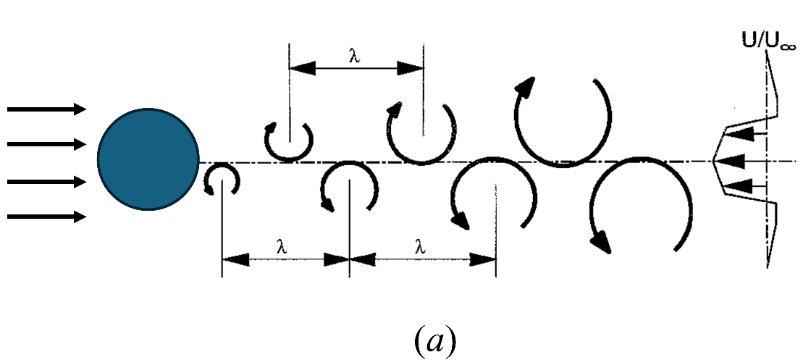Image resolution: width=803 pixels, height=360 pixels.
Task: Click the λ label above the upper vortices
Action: point(354,56)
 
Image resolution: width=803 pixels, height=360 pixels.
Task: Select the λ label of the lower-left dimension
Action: point(282,246)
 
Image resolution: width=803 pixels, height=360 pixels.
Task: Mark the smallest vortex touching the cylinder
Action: point(220,179)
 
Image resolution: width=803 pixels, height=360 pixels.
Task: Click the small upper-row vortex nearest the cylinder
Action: point(288,139)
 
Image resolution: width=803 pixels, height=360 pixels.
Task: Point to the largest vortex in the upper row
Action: point(563,120)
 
